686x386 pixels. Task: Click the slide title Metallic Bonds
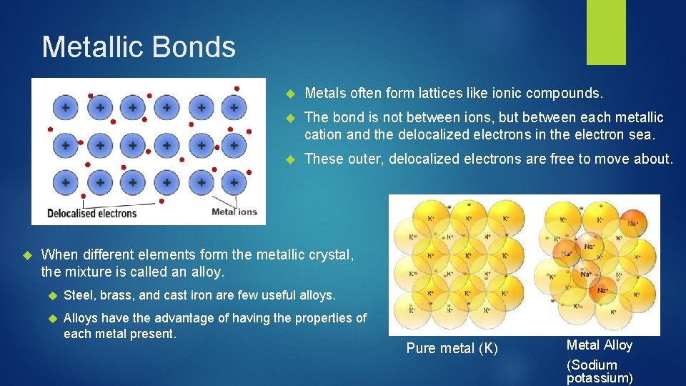tap(139, 47)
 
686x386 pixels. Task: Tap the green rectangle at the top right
tap(606, 32)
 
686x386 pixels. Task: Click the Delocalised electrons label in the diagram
tap(91, 213)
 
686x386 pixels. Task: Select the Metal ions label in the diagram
tap(234, 212)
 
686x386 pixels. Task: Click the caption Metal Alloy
tap(599, 345)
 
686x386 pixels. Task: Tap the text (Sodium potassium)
tap(599, 371)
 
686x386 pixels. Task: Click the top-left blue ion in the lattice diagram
tap(66, 109)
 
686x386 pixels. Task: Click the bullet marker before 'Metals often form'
tap(290, 94)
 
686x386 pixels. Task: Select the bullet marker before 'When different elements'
tap(28, 254)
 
